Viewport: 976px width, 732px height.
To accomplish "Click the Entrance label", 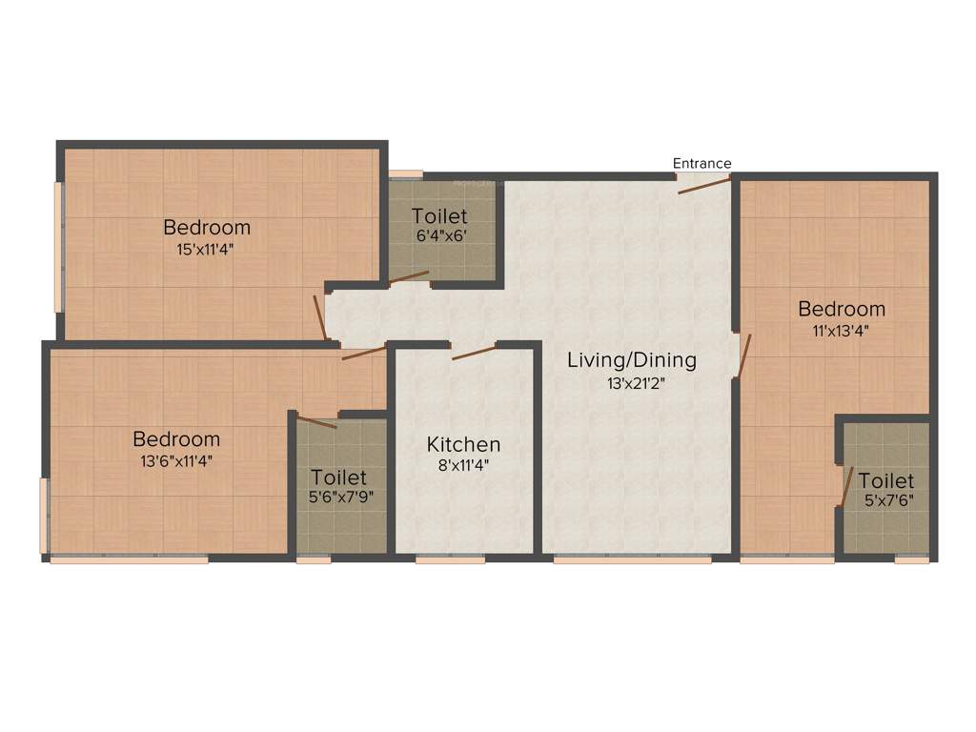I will tap(702, 163).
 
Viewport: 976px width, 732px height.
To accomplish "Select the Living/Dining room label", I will tap(632, 360).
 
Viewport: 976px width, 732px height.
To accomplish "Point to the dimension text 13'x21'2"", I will tap(632, 383).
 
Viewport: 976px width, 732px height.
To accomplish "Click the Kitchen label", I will tap(463, 444).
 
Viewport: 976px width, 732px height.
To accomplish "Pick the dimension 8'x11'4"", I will tap(463, 465).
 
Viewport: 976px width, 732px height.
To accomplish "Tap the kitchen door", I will tap(474, 353).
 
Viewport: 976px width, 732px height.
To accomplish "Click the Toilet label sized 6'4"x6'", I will tap(439, 216).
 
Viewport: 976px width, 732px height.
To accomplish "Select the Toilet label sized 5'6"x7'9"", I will tap(339, 477).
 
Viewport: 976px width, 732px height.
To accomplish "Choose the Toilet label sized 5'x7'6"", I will tap(885, 480).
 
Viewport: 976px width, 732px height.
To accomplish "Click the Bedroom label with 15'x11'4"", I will tap(207, 227).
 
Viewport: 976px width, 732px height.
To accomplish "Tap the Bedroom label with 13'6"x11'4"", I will tap(176, 439).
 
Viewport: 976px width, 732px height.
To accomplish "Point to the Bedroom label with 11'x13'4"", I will tap(842, 309).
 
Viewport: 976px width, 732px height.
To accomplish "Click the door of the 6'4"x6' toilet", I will tap(409, 277).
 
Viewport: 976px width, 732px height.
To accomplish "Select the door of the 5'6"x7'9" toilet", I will tap(317, 422).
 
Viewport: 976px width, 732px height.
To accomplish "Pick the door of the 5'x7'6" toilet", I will tap(844, 487).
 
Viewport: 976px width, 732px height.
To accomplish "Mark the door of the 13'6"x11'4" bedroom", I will tap(363, 353).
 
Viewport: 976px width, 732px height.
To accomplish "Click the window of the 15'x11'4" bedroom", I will tap(58, 246).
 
